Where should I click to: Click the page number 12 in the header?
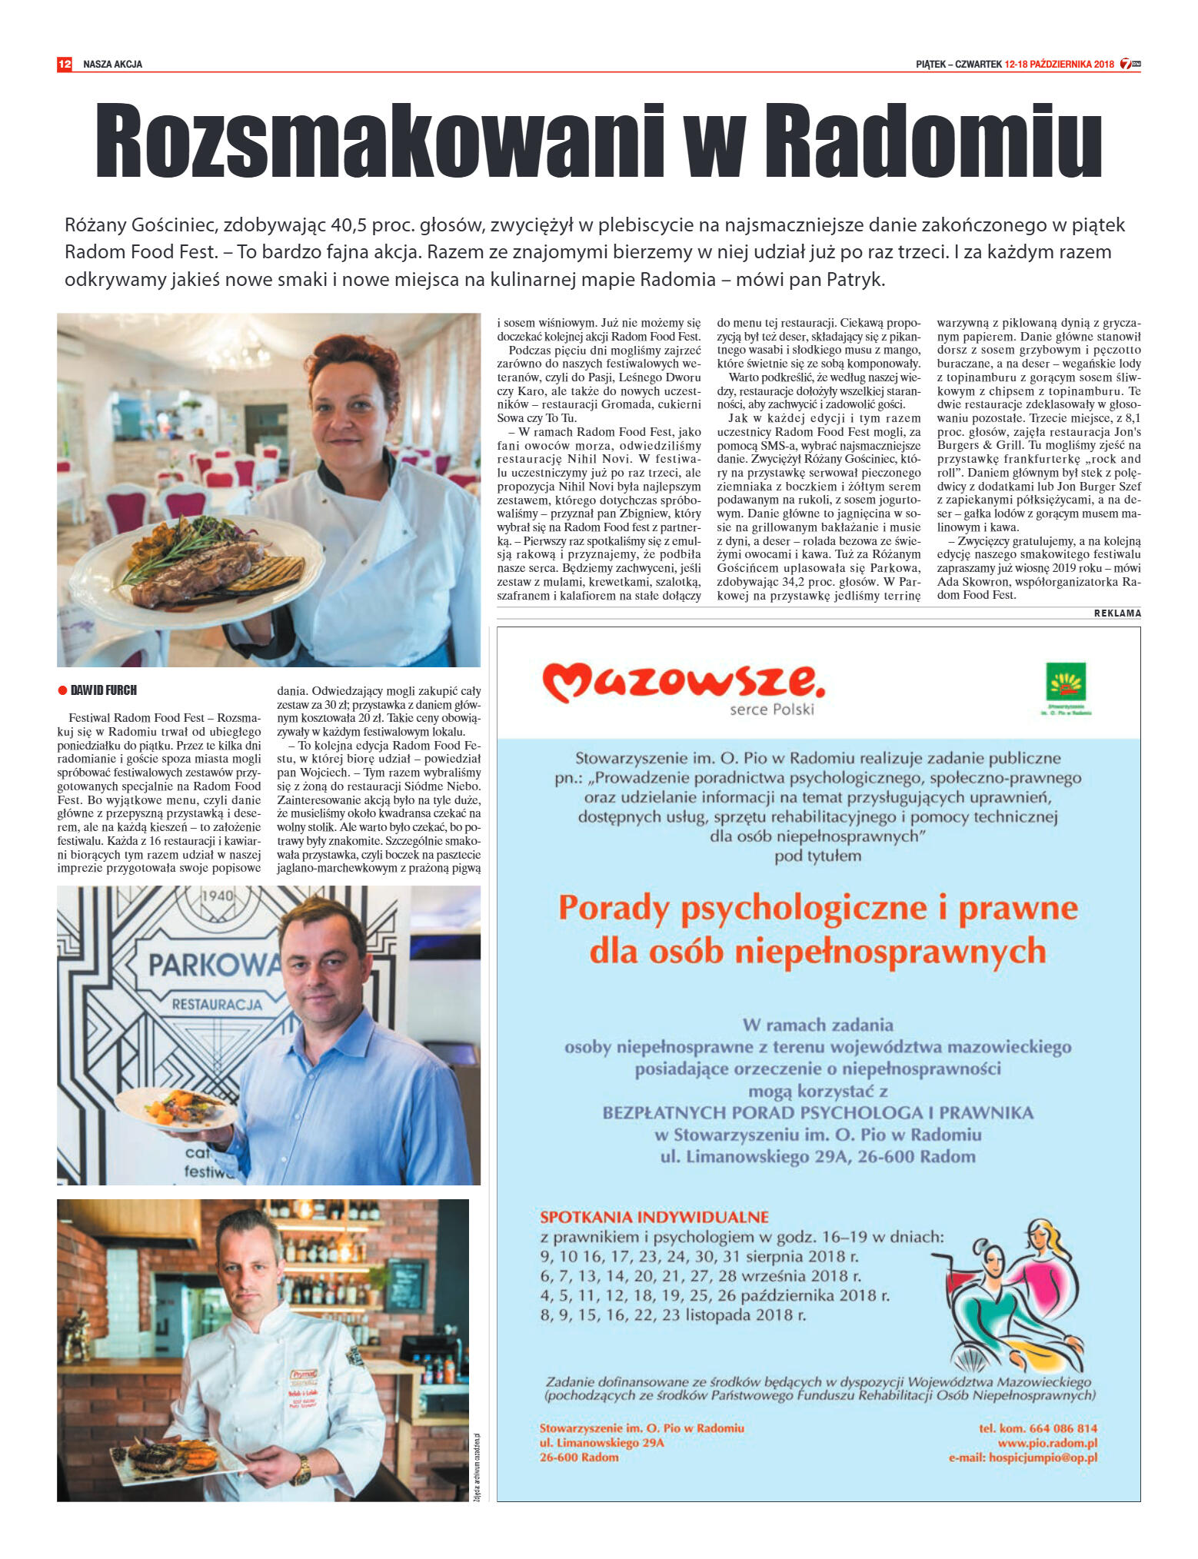tap(65, 65)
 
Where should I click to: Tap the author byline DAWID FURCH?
tap(103, 690)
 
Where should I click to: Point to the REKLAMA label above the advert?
tap(1117, 613)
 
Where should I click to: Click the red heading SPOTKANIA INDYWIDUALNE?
tap(654, 1217)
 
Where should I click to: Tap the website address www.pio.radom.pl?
tap(1047, 1443)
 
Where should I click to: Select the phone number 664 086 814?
tap(1066, 1428)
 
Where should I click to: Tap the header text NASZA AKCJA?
tap(112, 65)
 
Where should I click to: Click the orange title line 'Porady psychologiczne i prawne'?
tap(818, 908)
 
